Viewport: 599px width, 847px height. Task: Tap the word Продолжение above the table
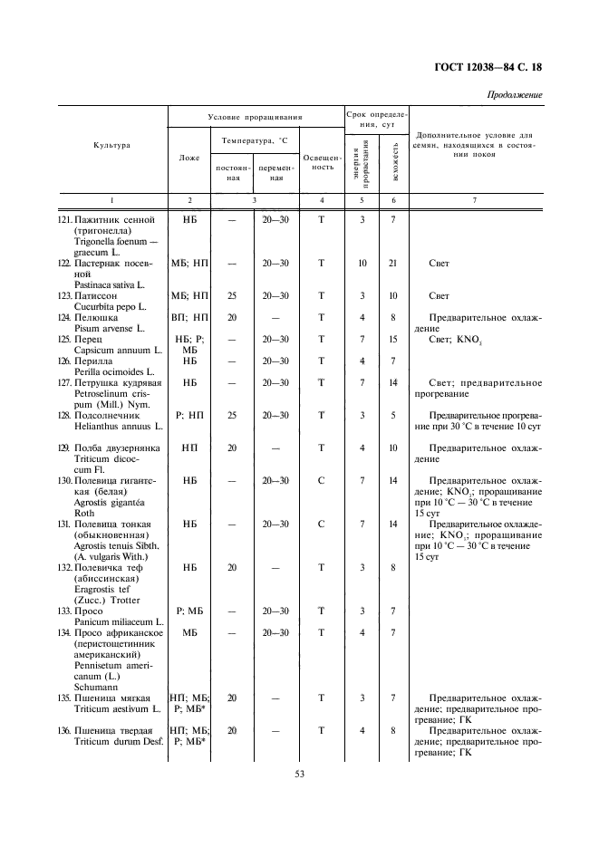515,95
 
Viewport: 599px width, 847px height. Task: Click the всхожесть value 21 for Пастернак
393,263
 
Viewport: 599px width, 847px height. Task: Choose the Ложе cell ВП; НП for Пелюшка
189,318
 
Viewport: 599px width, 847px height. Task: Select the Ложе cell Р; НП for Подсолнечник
189,415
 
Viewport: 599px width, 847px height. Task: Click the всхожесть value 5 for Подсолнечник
393,415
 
